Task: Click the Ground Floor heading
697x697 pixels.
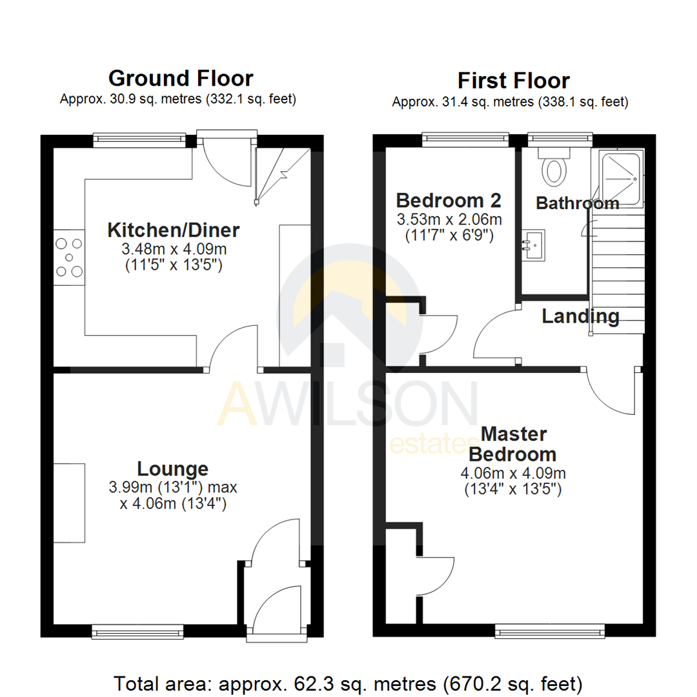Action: tap(181, 79)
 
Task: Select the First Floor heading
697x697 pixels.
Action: tap(513, 81)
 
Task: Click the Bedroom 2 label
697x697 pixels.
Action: tap(449, 199)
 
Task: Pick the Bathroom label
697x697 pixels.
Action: tap(577, 203)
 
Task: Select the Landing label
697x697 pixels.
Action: tap(580, 316)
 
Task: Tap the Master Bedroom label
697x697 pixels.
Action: tap(513, 443)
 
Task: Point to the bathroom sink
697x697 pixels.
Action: tap(534, 244)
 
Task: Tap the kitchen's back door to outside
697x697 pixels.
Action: tap(223, 161)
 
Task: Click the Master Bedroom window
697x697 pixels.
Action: tap(550, 630)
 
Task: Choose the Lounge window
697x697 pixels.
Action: tap(138, 631)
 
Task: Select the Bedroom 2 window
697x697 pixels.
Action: tap(465, 137)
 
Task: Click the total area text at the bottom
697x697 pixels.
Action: tap(348, 682)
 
